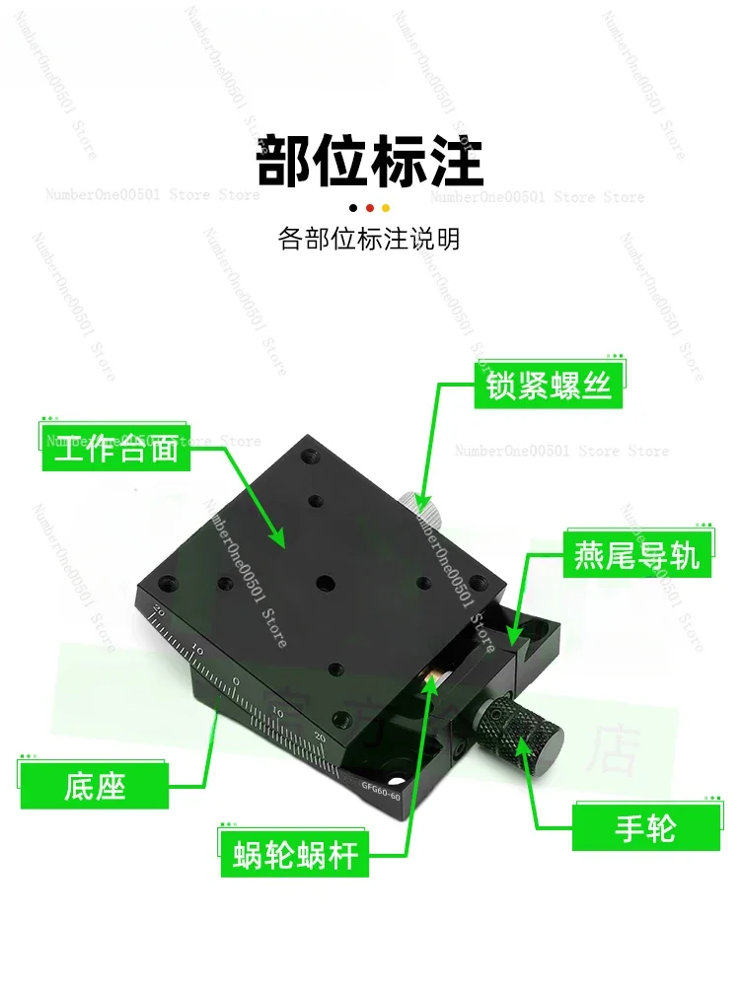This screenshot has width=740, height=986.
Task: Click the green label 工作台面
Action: click(x=116, y=449)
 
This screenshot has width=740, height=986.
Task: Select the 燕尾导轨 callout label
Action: click(x=636, y=556)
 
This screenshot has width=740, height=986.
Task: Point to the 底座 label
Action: click(x=96, y=786)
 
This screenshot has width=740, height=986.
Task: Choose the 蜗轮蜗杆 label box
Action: click(x=295, y=854)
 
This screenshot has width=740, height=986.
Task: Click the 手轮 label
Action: click(x=646, y=827)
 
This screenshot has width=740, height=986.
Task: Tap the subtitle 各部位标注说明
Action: click(x=370, y=240)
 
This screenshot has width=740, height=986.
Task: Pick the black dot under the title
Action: click(x=354, y=208)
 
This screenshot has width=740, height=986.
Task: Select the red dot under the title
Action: click(x=370, y=208)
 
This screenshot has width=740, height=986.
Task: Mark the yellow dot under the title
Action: click(x=386, y=208)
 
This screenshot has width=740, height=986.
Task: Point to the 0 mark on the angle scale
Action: click(x=236, y=681)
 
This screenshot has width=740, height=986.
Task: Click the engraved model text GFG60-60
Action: click(x=381, y=790)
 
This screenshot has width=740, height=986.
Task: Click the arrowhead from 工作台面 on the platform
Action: click(x=281, y=543)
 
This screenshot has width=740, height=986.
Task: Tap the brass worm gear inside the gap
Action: click(x=432, y=679)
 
